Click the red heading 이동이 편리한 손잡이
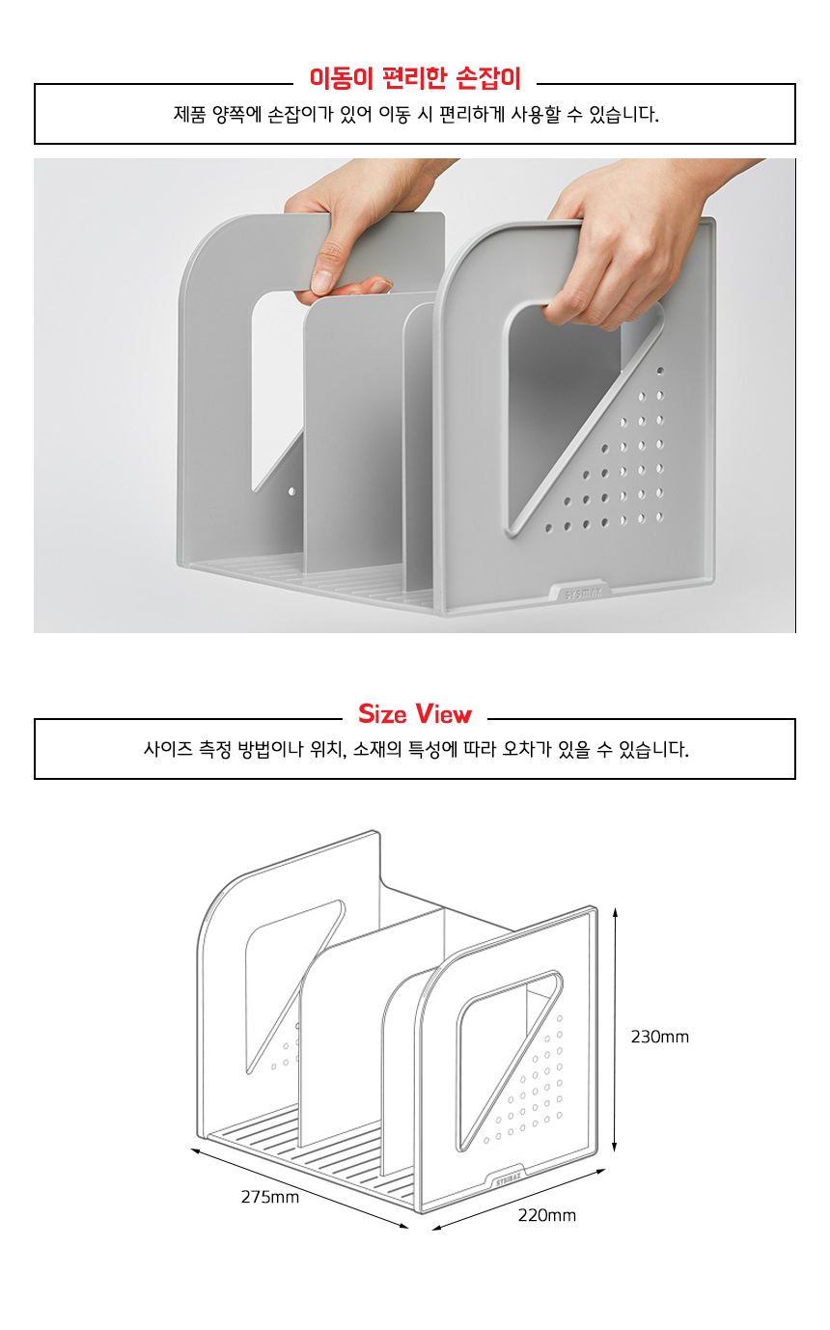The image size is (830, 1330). coord(415,78)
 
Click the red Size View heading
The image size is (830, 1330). coord(415,713)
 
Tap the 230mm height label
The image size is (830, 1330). coord(659,1037)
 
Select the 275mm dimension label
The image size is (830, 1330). coord(270,1197)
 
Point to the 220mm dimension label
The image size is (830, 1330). coord(547,1215)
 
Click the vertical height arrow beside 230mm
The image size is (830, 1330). coord(615,1030)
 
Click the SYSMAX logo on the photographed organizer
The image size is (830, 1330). coord(583,593)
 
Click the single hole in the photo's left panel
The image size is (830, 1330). coord(291,491)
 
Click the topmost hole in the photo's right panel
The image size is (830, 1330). coord(660,371)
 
